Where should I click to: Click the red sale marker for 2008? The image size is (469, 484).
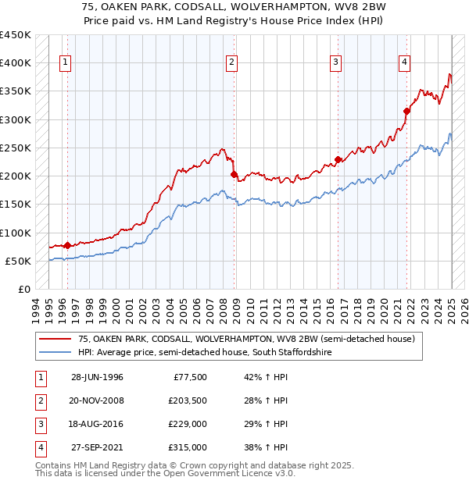(234, 174)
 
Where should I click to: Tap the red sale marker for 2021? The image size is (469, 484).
(406, 111)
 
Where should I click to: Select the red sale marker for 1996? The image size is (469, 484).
(67, 245)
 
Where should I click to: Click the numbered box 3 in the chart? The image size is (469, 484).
(335, 63)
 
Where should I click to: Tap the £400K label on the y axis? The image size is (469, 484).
(16, 63)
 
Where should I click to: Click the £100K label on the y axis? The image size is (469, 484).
(16, 233)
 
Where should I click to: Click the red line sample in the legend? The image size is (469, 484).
(54, 339)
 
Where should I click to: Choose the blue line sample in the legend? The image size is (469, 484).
(54, 353)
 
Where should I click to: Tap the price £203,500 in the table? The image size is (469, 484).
(188, 400)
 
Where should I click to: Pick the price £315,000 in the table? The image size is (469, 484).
(188, 447)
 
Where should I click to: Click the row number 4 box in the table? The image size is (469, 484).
(39, 447)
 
